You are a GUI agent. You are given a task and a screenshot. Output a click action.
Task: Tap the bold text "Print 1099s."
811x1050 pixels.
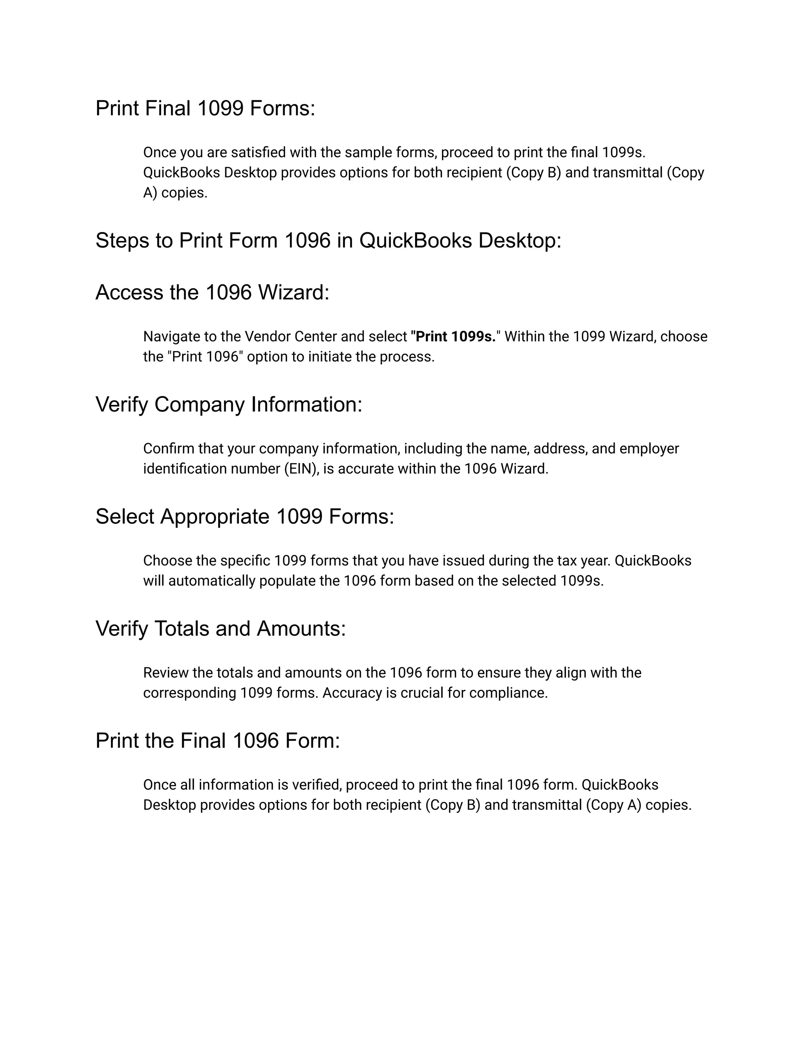coord(453,336)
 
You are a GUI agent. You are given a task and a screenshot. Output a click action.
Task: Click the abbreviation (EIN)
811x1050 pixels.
coord(302,469)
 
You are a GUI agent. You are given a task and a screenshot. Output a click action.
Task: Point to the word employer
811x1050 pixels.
coord(649,449)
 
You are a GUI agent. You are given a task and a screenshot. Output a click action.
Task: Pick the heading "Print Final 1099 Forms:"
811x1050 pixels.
coord(205,108)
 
